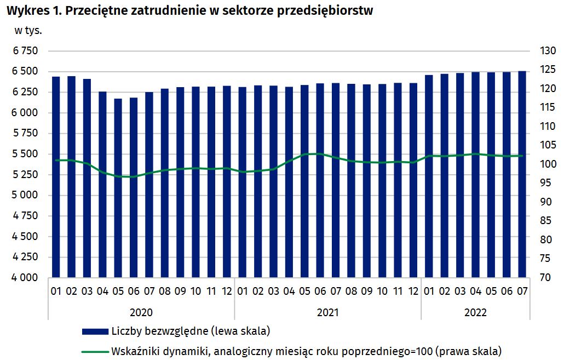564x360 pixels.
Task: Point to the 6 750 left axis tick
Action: pos(26,51)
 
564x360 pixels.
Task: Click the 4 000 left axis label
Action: pos(26,278)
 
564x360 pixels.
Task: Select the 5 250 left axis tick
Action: pos(26,175)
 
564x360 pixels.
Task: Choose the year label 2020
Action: pos(141,312)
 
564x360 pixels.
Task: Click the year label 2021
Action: pos(328,312)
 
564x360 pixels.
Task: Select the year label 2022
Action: pos(475,312)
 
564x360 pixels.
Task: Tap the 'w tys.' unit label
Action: pos(28,30)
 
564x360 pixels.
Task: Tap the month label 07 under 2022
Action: pos(522,291)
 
